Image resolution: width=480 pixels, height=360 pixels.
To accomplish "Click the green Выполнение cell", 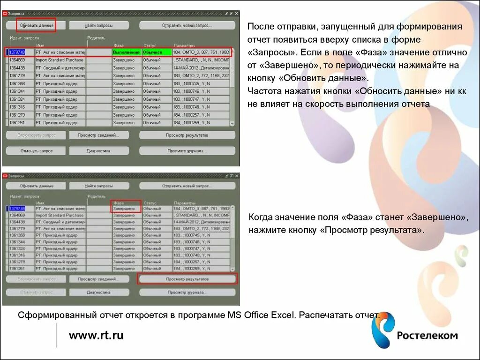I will coord(127,52).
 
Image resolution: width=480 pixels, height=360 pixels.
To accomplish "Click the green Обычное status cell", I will coord(157,52).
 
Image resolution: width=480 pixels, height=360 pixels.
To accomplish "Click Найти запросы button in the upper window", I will coord(99,25).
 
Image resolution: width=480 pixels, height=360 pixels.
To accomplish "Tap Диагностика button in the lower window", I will coord(98,292).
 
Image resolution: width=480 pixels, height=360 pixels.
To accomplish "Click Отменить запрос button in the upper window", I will coord(36,151).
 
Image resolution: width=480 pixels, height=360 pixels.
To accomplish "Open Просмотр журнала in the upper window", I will coord(187,151).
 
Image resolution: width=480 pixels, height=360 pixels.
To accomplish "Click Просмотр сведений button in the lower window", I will coord(98,279).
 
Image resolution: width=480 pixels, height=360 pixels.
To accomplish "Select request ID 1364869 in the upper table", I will coord(17,60).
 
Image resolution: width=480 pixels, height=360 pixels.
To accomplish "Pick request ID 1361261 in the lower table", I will coord(17,269).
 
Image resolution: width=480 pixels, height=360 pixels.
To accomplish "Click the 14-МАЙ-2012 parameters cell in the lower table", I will coord(201,221).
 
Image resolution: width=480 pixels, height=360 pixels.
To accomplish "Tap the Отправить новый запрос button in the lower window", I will coord(187,186).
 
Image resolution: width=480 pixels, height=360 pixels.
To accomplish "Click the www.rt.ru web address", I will coord(96,335).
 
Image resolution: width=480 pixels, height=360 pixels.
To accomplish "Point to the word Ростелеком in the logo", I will coord(427,335).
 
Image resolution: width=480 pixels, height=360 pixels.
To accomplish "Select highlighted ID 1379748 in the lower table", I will coord(17,208).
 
